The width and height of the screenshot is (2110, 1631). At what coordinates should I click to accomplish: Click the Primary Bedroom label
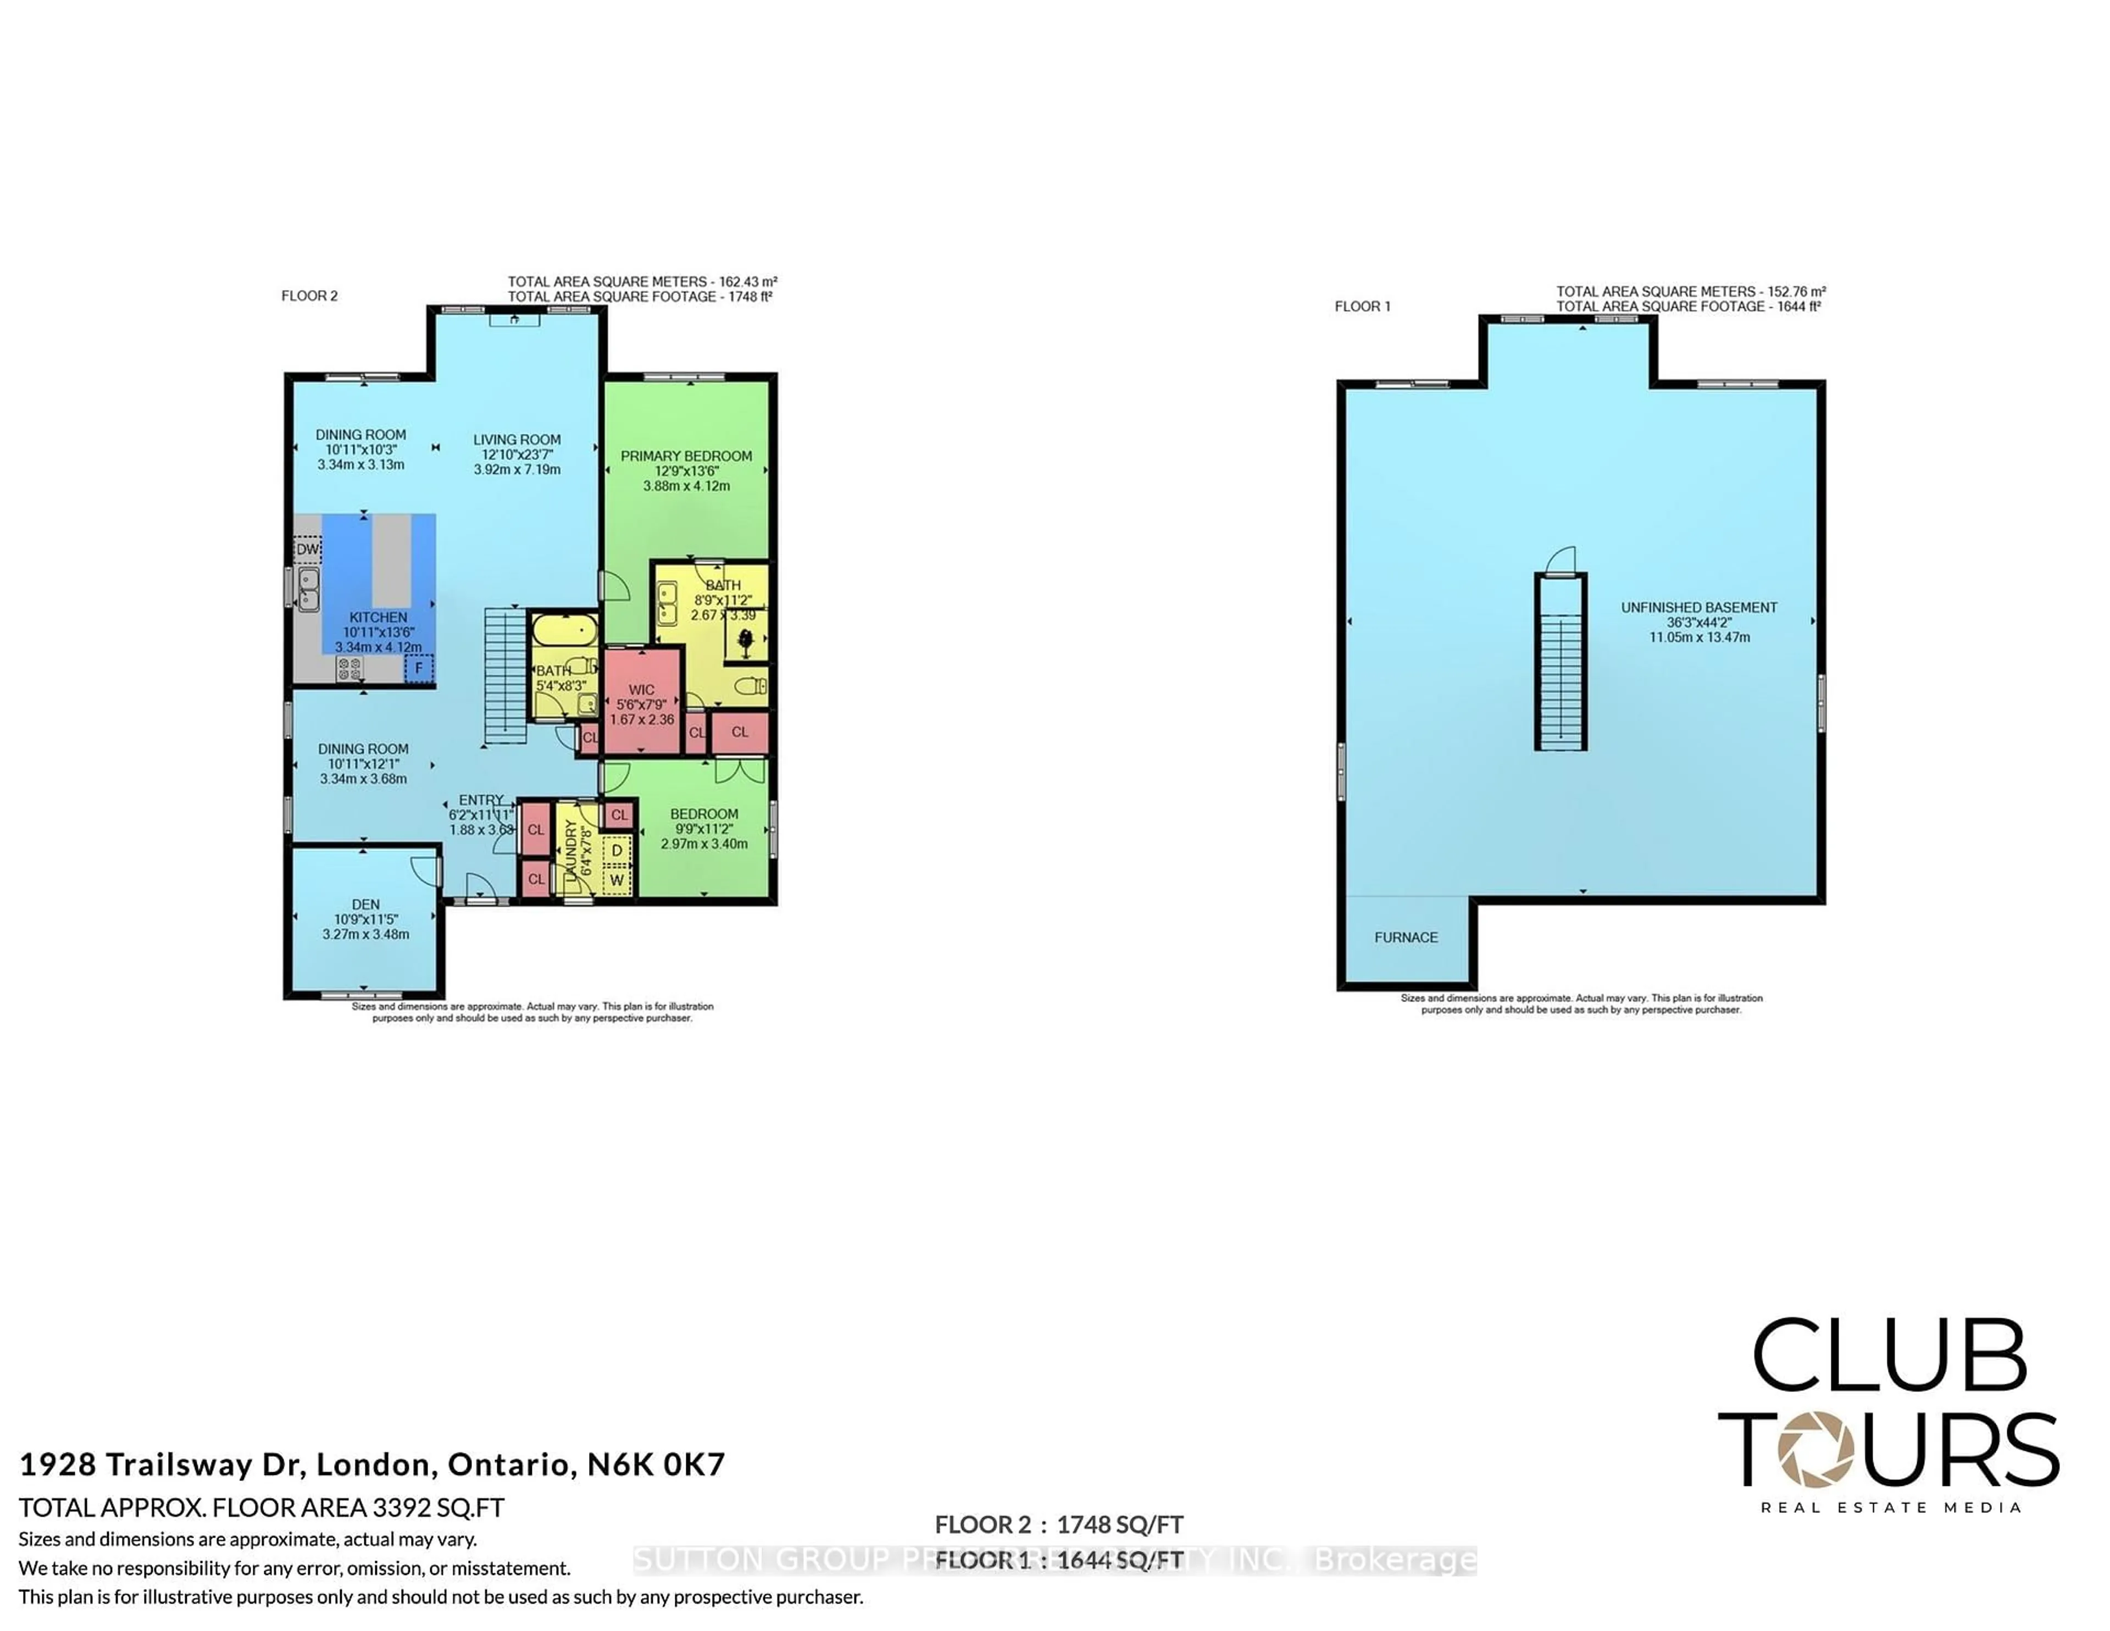point(686,456)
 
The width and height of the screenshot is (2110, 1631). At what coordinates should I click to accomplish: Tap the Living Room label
point(517,440)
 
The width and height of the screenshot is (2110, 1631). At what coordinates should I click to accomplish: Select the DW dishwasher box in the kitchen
point(307,550)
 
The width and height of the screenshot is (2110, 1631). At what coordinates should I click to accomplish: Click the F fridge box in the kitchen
point(419,668)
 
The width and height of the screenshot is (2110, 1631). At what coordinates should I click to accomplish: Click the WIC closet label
point(641,690)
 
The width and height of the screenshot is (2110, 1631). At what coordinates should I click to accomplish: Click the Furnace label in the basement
point(1406,937)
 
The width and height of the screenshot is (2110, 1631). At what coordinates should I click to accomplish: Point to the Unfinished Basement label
point(1698,608)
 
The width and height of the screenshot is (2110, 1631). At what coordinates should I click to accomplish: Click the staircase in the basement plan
point(1561,676)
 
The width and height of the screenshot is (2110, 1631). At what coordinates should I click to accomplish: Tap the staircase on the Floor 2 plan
point(504,676)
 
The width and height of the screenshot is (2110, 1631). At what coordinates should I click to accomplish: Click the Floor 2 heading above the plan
point(309,296)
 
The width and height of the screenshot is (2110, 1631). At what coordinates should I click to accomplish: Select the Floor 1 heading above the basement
point(1362,306)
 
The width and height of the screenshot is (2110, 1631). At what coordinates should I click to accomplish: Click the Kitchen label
point(377,618)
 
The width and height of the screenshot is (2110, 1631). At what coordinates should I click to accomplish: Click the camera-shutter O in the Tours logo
point(1816,1449)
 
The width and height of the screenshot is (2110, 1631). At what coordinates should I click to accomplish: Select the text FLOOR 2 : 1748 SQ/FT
point(1059,1525)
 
